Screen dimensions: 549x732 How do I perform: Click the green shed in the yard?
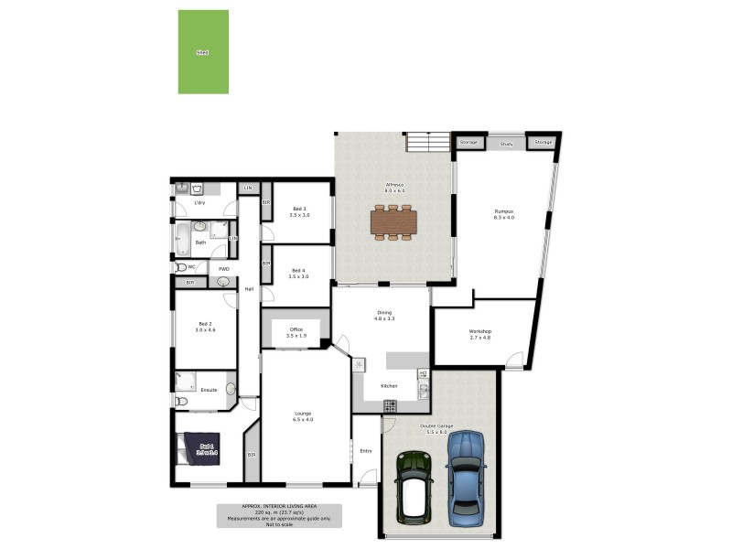coord(203,52)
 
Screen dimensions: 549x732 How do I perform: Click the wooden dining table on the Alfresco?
coord(393,221)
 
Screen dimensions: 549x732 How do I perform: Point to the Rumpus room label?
coord(504,214)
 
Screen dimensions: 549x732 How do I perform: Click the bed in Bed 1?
coord(199,448)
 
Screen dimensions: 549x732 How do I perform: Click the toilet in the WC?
coord(180,267)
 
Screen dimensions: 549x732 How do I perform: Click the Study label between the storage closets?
coord(506,144)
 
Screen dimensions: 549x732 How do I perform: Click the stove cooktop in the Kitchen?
coord(390,405)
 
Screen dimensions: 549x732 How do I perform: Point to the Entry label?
coord(366,450)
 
